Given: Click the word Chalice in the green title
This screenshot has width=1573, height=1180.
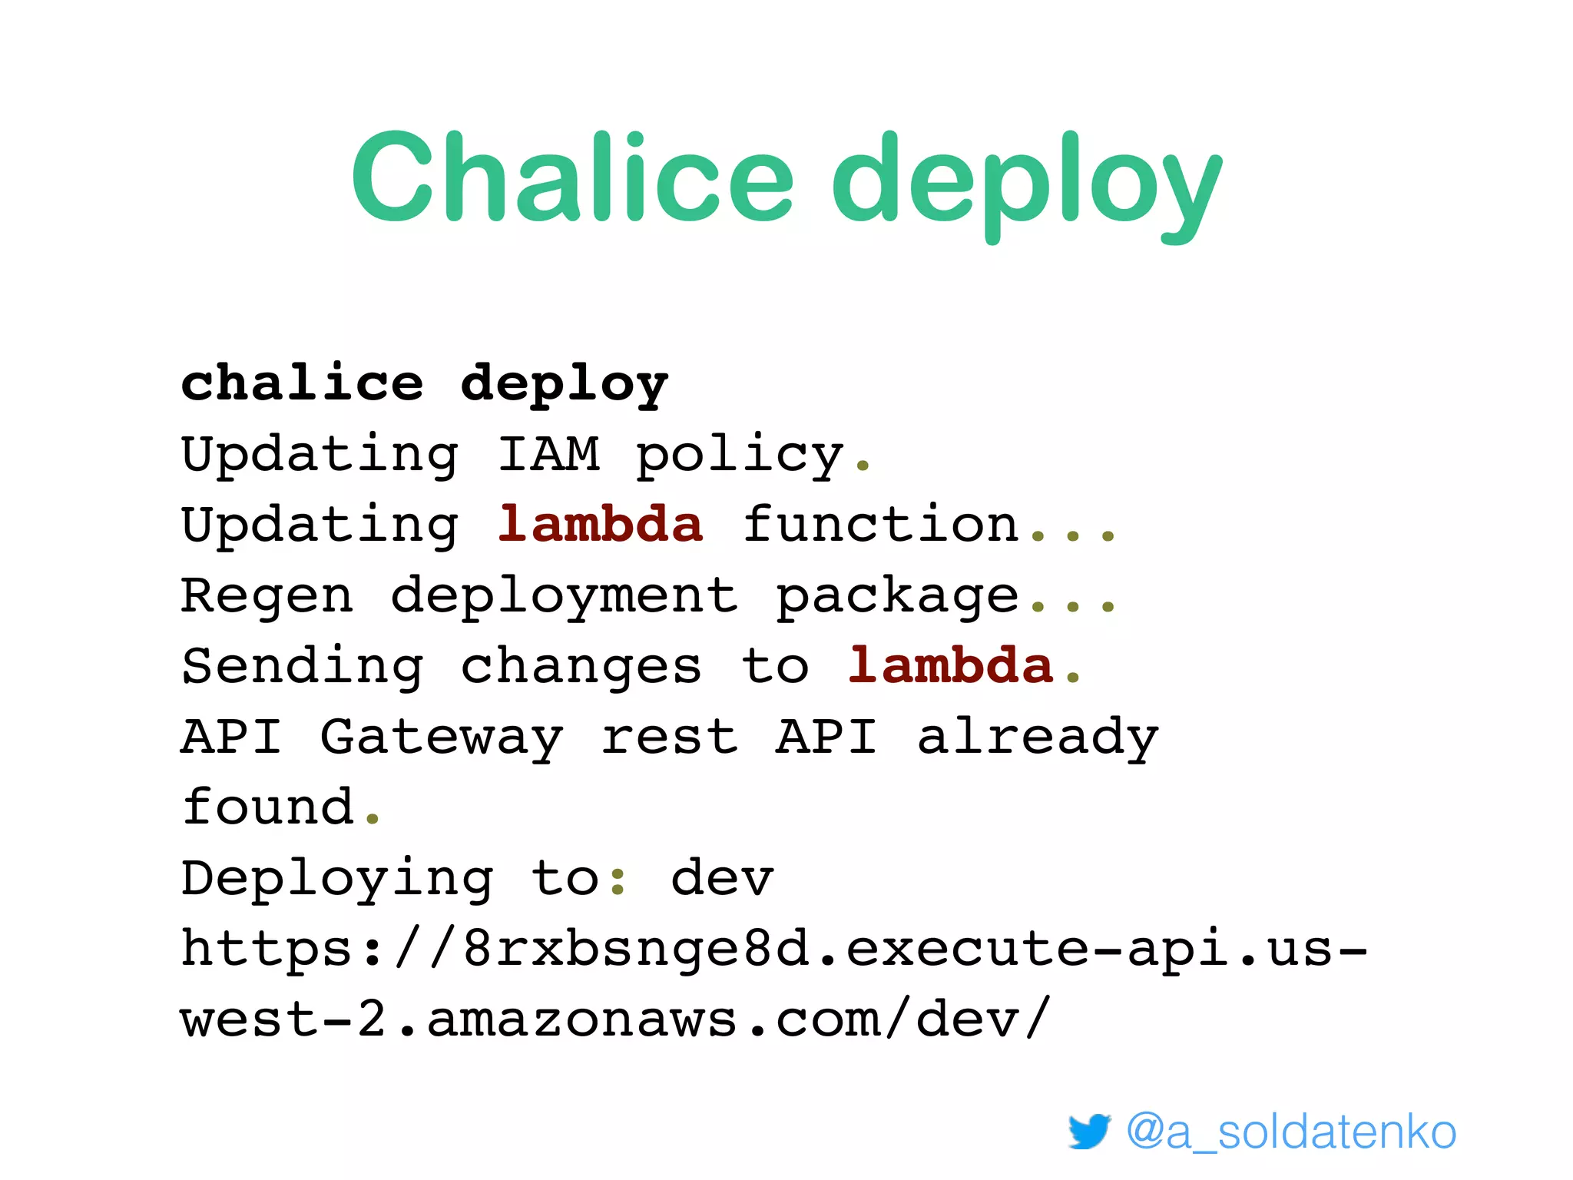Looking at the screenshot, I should click(x=572, y=178).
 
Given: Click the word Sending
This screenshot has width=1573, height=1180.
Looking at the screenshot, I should click(x=302, y=667).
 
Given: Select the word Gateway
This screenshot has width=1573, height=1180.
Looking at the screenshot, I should click(x=442, y=737).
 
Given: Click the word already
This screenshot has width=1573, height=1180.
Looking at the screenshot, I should click(x=1038, y=737).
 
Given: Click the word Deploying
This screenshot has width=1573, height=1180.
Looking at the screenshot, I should click(x=337, y=879).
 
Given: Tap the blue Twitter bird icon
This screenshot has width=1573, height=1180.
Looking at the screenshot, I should click(x=1089, y=1131).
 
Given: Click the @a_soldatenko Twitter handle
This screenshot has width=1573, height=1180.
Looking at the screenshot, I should click(x=1291, y=1132).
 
